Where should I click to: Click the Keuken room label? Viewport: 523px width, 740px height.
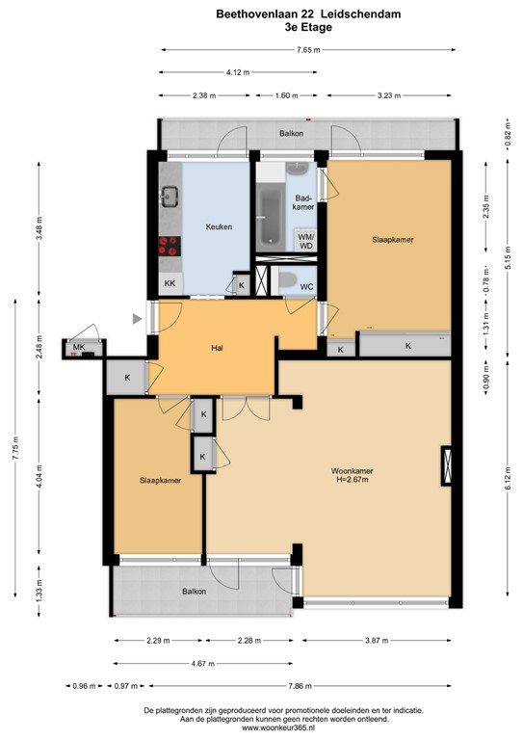219,226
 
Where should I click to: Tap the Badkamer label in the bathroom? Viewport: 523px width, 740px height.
302,201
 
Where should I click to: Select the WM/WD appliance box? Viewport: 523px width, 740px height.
305,241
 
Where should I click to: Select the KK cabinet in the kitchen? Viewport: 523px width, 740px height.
170,283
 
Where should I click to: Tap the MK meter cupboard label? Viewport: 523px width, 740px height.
78,347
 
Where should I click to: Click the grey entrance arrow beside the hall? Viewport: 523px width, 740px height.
139,318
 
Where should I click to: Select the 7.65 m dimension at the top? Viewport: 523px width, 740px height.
308,49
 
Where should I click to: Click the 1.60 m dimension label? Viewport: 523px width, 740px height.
286,95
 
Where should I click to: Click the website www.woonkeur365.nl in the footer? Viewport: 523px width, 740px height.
262,727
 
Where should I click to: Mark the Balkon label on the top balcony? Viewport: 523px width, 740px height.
292,133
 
